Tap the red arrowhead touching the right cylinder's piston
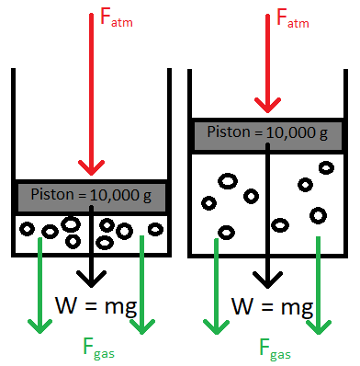[x=269, y=105]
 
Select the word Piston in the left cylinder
[x=49, y=194]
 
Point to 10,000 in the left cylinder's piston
[x=114, y=194]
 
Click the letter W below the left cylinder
[x=67, y=305]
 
